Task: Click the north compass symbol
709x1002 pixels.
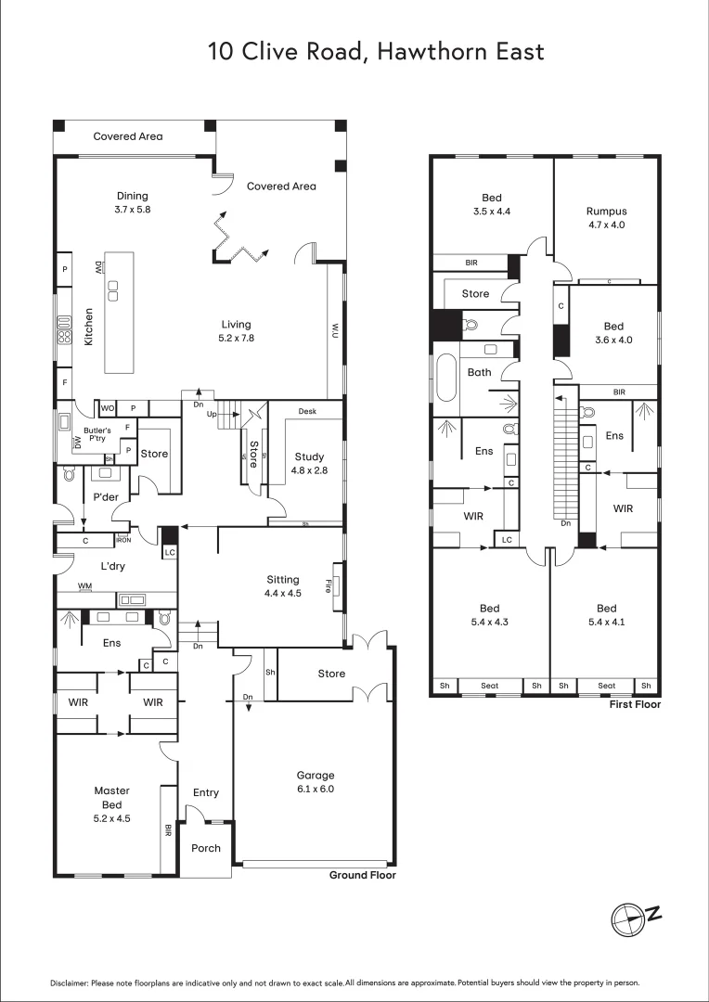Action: [x=636, y=917]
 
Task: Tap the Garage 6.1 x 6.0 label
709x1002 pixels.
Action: [x=315, y=782]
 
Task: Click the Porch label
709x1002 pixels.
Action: [x=205, y=848]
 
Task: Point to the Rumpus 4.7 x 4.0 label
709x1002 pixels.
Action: [x=606, y=217]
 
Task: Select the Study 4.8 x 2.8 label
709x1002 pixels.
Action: [x=309, y=463]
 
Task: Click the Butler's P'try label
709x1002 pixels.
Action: [x=97, y=435]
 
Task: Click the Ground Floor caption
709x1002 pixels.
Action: [x=363, y=875]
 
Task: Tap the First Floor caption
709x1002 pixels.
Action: [x=636, y=705]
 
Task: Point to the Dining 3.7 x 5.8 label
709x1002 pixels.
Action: [x=132, y=202]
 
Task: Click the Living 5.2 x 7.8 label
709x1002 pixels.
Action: [x=236, y=331]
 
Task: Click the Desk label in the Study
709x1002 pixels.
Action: [x=308, y=411]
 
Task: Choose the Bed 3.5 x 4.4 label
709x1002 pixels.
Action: [x=491, y=204]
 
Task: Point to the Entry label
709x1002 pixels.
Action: [x=205, y=792]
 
